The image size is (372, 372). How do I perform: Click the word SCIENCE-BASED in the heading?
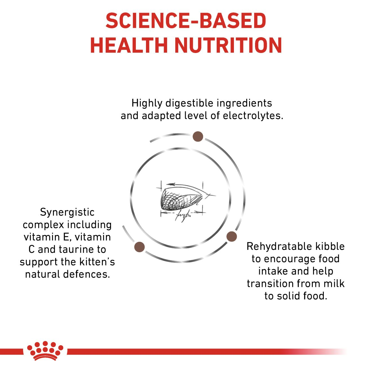tap(186, 21)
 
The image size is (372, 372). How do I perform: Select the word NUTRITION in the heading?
tap(228, 45)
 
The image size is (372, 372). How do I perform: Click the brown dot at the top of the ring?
tap(198, 136)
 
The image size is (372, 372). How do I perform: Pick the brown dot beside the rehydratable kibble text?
tap(231, 236)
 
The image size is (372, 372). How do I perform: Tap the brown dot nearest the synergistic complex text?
tap(139, 247)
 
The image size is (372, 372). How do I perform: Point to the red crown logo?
tap(45, 351)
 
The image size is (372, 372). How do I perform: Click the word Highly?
tap(147, 103)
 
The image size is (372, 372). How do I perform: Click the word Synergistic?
tap(67, 212)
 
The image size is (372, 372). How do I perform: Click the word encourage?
tap(290, 259)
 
